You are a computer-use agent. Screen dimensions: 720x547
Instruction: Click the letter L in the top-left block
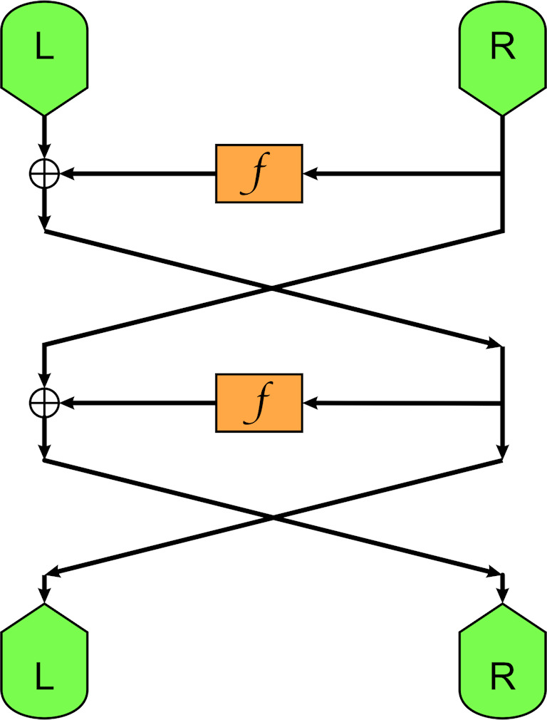pyautogui.click(x=44, y=52)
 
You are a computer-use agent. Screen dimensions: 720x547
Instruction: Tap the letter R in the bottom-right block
pyautogui.click(x=503, y=676)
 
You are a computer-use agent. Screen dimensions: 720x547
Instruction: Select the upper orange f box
pyautogui.click(x=259, y=173)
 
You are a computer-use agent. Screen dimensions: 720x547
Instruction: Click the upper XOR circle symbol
pyautogui.click(x=44, y=173)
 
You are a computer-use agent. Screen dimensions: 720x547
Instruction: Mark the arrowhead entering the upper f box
pyautogui.click(x=311, y=173)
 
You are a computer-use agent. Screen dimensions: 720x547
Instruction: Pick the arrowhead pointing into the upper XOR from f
pyautogui.click(x=66, y=173)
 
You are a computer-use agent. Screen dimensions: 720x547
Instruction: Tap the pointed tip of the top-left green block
pyautogui.click(x=44, y=114)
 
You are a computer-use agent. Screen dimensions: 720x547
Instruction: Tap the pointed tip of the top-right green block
pyautogui.click(x=503, y=114)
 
